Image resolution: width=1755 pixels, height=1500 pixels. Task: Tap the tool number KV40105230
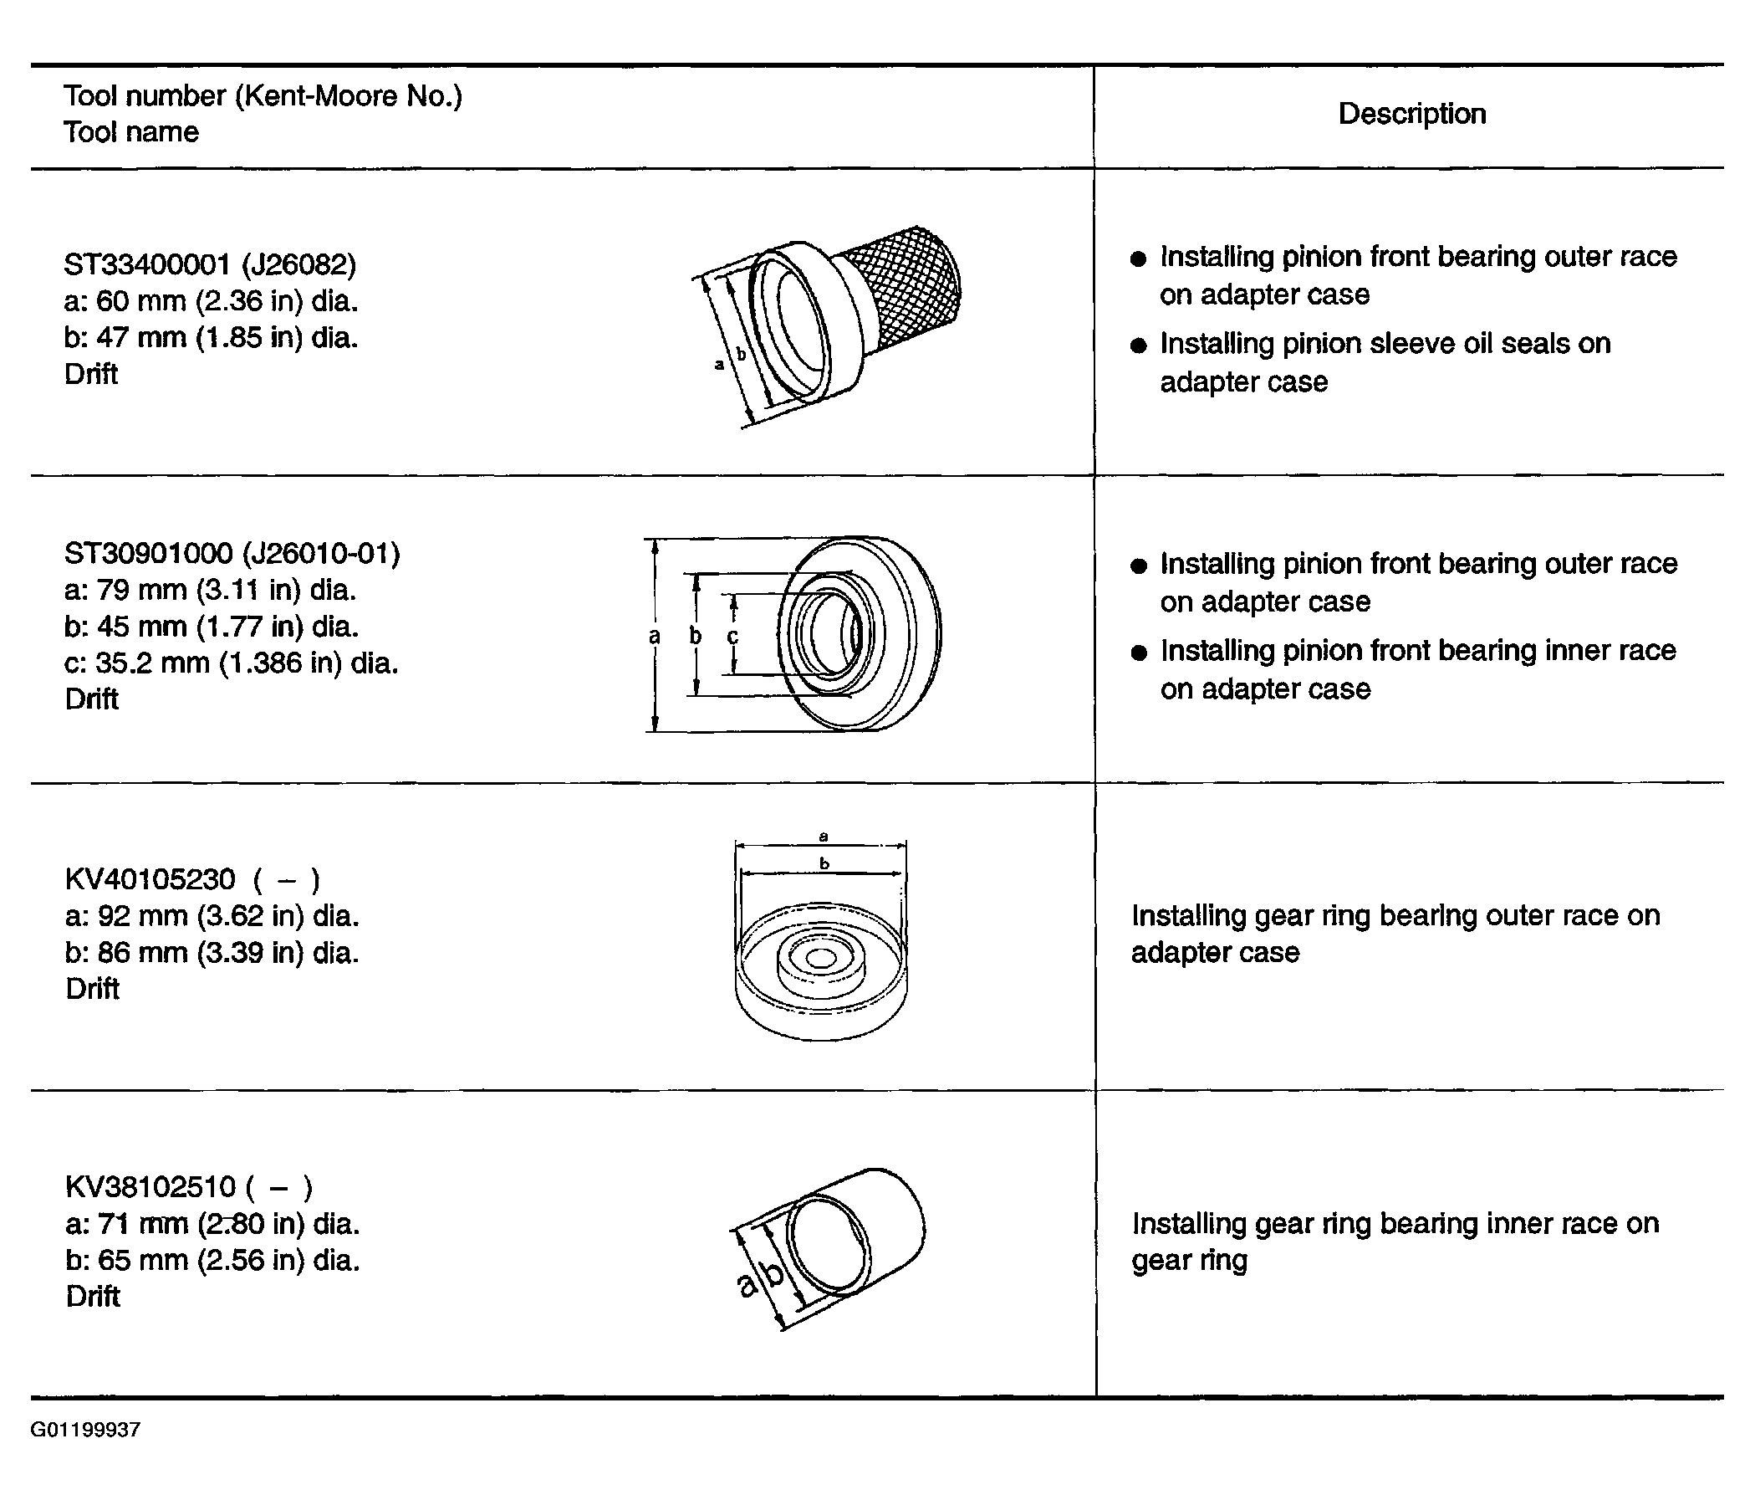(x=150, y=878)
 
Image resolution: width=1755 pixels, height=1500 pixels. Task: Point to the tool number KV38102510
(x=150, y=1186)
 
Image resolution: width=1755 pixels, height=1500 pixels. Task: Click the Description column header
(x=1411, y=114)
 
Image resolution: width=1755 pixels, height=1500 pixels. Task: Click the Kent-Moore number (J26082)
(x=299, y=265)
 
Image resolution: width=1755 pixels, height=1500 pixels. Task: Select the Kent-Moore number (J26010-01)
(x=321, y=553)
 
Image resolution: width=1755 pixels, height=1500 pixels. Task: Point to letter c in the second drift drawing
(x=732, y=637)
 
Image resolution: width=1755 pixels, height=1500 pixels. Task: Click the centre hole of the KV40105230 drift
(x=820, y=959)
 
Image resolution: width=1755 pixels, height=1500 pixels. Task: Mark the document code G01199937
(x=85, y=1430)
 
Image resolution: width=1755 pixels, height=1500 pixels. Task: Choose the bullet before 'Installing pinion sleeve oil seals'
(x=1139, y=345)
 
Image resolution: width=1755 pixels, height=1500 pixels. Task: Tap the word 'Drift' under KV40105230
(x=92, y=988)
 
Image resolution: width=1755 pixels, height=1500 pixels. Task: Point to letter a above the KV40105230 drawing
(x=824, y=837)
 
